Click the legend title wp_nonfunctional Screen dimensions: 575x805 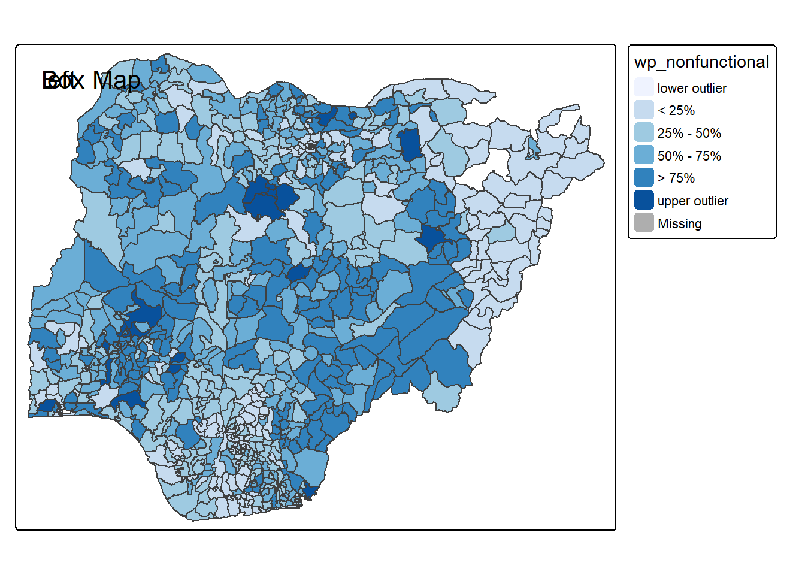pyautogui.click(x=701, y=62)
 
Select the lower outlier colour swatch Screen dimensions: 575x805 pyautogui.click(x=644, y=87)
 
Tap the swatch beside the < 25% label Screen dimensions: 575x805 pyautogui.click(x=644, y=110)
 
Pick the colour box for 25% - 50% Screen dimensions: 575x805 pyautogui.click(x=644, y=132)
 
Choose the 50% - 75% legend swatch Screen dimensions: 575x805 pyautogui.click(x=644, y=155)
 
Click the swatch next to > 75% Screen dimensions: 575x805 pyautogui.click(x=644, y=178)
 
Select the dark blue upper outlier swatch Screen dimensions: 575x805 pyautogui.click(x=644, y=200)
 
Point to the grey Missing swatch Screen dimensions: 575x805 pyautogui.click(x=644, y=223)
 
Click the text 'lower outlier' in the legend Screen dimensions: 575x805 pyautogui.click(x=692, y=89)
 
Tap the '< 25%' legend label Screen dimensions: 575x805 pyautogui.click(x=676, y=111)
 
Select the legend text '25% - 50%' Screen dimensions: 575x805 pyautogui.click(x=689, y=133)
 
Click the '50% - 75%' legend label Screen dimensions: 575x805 pyautogui.click(x=689, y=156)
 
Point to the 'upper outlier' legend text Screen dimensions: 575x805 pyautogui.click(x=693, y=201)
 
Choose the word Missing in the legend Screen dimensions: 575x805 pyautogui.click(x=680, y=224)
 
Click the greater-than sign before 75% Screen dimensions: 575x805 pyautogui.click(x=661, y=178)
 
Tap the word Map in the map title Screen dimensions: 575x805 pyautogui.click(x=116, y=80)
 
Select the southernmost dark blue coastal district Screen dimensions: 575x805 pyautogui.click(x=309, y=492)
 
